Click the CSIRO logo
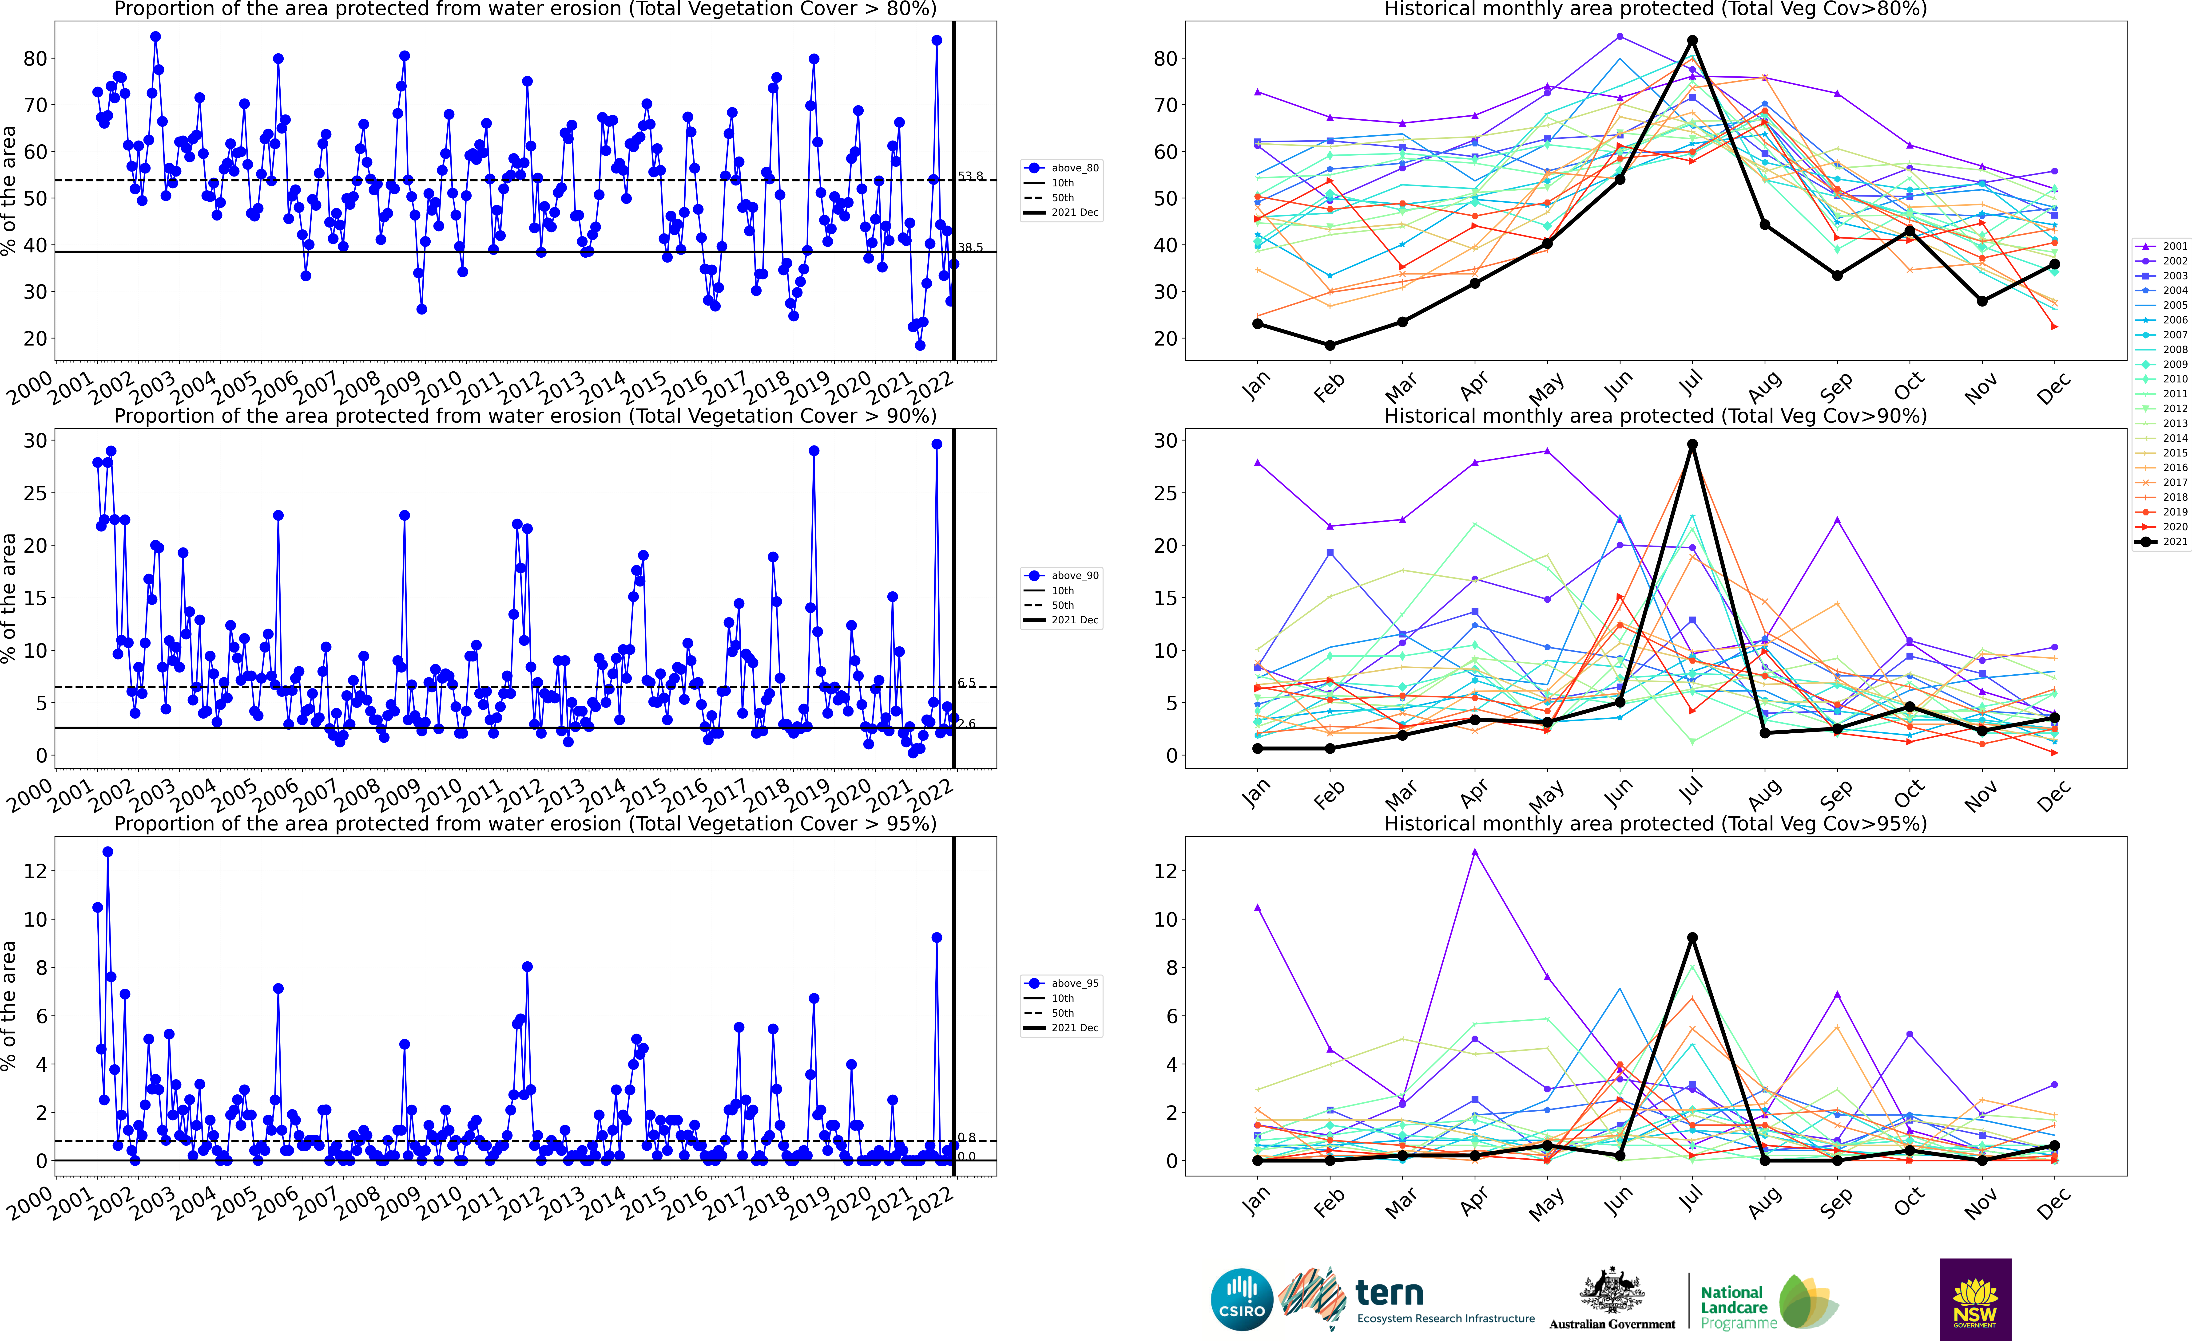click(1242, 1299)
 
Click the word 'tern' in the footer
click(1390, 1292)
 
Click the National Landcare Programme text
click(1732, 1307)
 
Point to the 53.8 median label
click(971, 176)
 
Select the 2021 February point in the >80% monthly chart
click(1330, 345)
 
